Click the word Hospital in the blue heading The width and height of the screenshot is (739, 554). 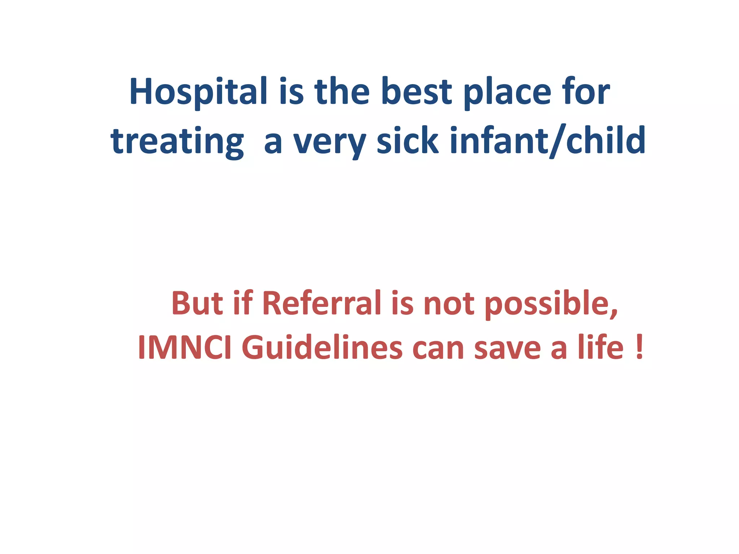click(198, 92)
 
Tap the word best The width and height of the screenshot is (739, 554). click(416, 92)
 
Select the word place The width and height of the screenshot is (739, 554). click(508, 92)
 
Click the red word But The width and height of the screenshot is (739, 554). click(197, 303)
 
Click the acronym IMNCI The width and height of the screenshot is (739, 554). click(184, 348)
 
